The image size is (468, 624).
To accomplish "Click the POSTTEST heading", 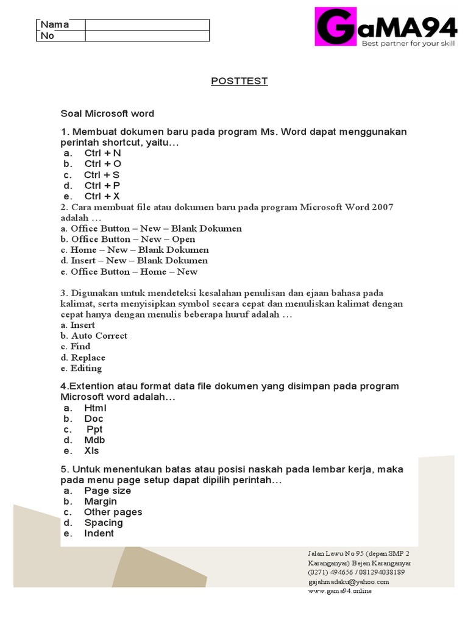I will pos(239,81).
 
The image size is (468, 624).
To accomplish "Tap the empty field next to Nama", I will pos(147,25).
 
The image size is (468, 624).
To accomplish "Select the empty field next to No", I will pos(147,36).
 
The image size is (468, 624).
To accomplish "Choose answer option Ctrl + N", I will pos(102,153).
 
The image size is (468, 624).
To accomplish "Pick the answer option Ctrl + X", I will pos(102,196).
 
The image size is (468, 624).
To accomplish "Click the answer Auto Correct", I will pos(99,336).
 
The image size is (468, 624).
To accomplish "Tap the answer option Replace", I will pos(88,358).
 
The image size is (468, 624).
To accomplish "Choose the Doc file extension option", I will pos(94,419).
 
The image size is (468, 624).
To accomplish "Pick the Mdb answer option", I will pos(94,440).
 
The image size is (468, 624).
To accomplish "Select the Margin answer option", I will pos(101,502).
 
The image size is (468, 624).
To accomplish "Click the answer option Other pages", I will pos(113,512).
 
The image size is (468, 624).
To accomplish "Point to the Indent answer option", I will pos(99,533).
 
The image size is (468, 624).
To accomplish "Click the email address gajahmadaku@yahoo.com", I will pos(348,581).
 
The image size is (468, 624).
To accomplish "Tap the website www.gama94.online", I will pos(339,590).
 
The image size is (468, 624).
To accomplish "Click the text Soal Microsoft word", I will pos(107,113).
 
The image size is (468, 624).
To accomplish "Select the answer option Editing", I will pos(86,368).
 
